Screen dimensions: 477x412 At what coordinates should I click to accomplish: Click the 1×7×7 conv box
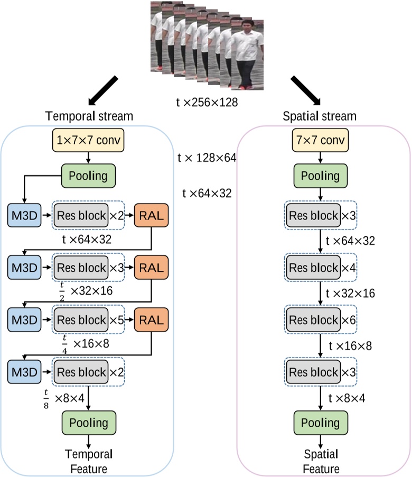(89, 141)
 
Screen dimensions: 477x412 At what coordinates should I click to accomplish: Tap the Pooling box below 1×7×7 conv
(89, 176)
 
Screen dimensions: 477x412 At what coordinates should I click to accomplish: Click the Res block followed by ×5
(81, 320)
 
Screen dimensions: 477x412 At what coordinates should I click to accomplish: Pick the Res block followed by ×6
(313, 320)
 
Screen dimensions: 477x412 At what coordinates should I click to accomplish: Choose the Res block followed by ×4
(313, 268)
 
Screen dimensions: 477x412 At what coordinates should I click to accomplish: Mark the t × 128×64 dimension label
(208, 157)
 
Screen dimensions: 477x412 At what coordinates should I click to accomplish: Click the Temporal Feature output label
(88, 461)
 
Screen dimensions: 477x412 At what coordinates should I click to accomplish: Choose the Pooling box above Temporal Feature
(89, 423)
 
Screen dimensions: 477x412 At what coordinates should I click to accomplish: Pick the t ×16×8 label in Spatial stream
(351, 346)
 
